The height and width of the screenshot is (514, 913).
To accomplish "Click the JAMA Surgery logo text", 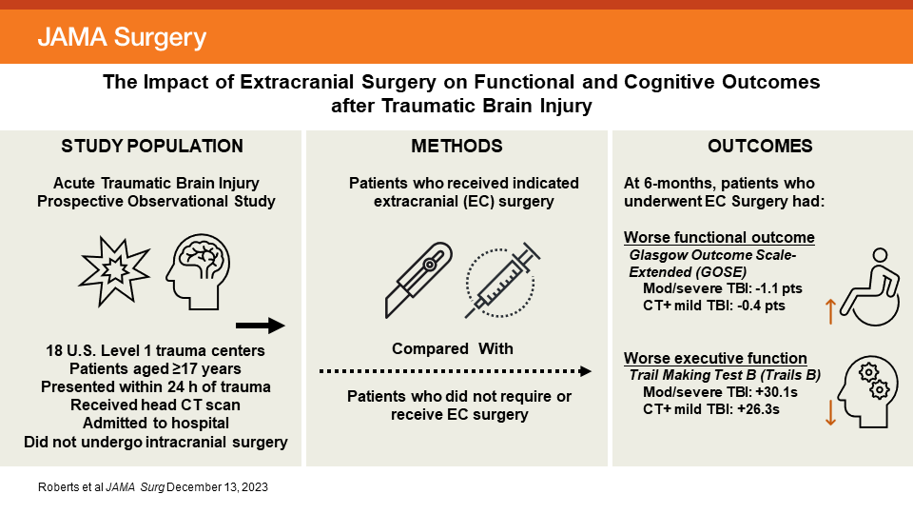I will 121,38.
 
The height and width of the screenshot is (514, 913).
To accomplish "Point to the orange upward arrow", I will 829,310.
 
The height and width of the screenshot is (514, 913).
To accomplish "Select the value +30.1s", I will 772,391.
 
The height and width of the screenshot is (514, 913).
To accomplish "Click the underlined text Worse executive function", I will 715,358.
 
